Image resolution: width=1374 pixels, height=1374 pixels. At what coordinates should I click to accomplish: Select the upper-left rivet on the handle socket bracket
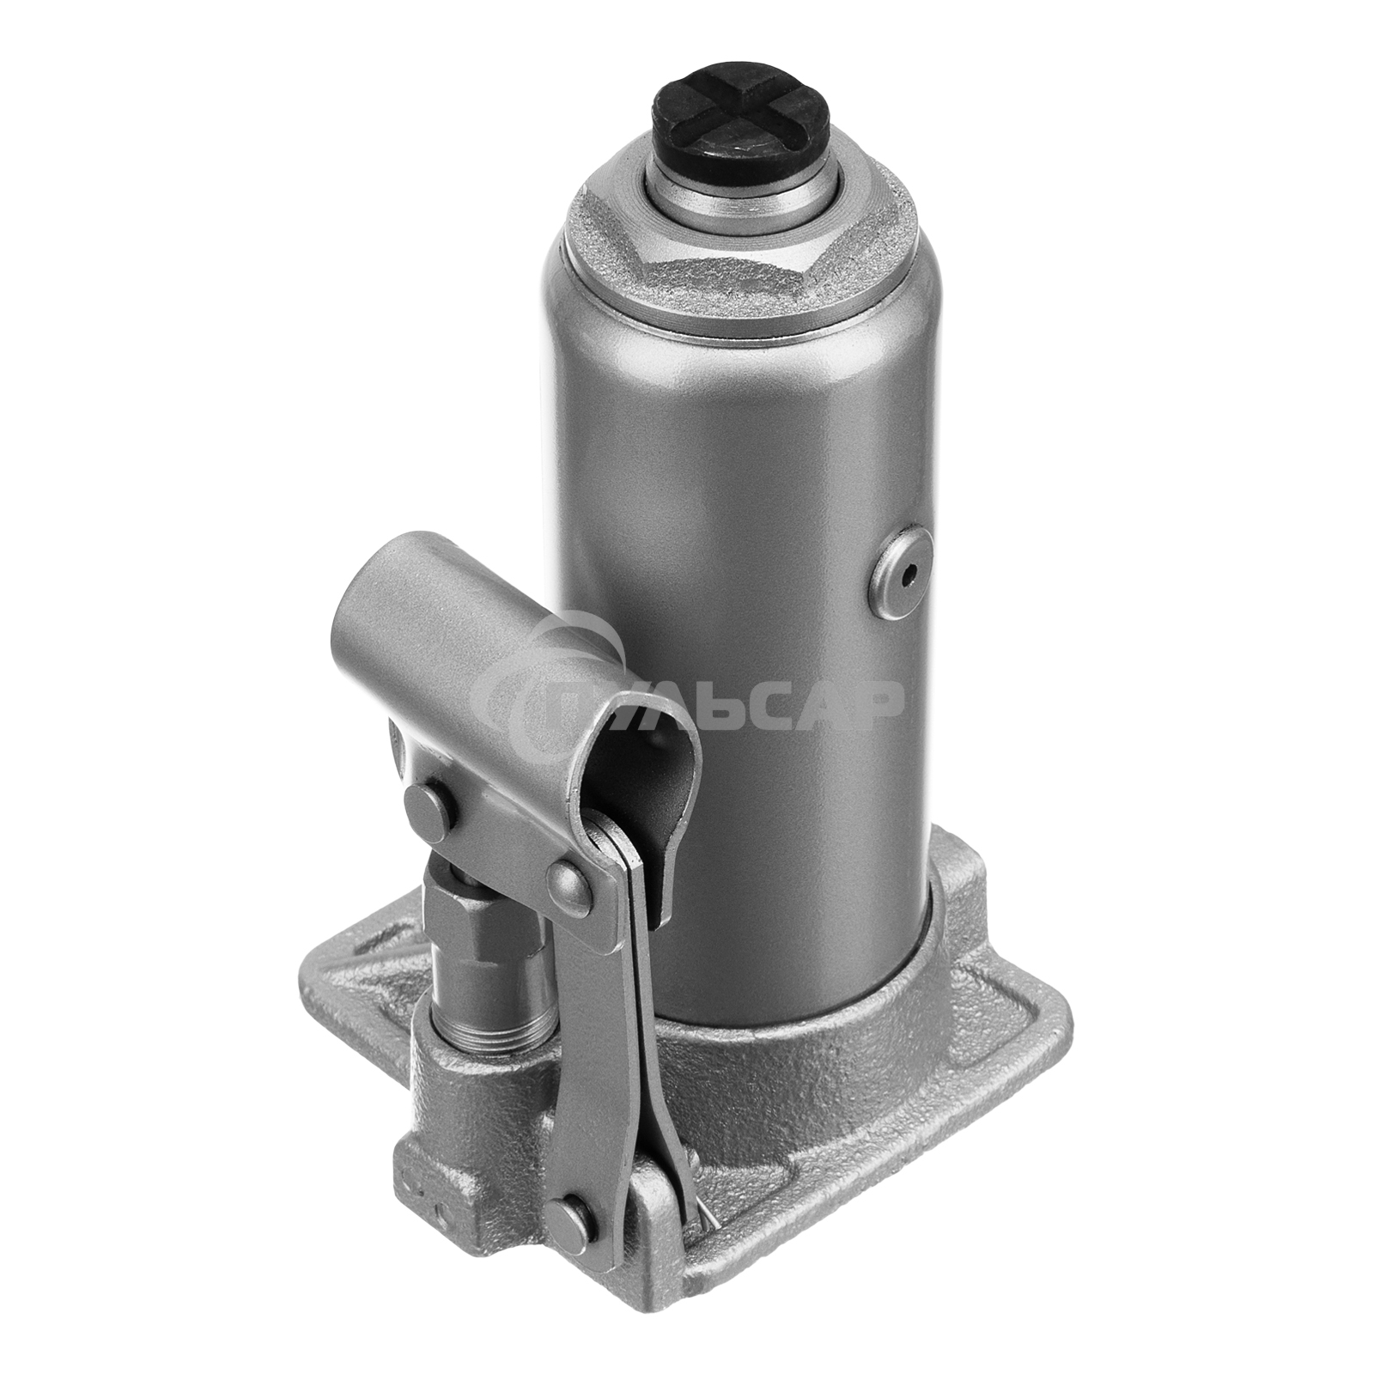[424, 806]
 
